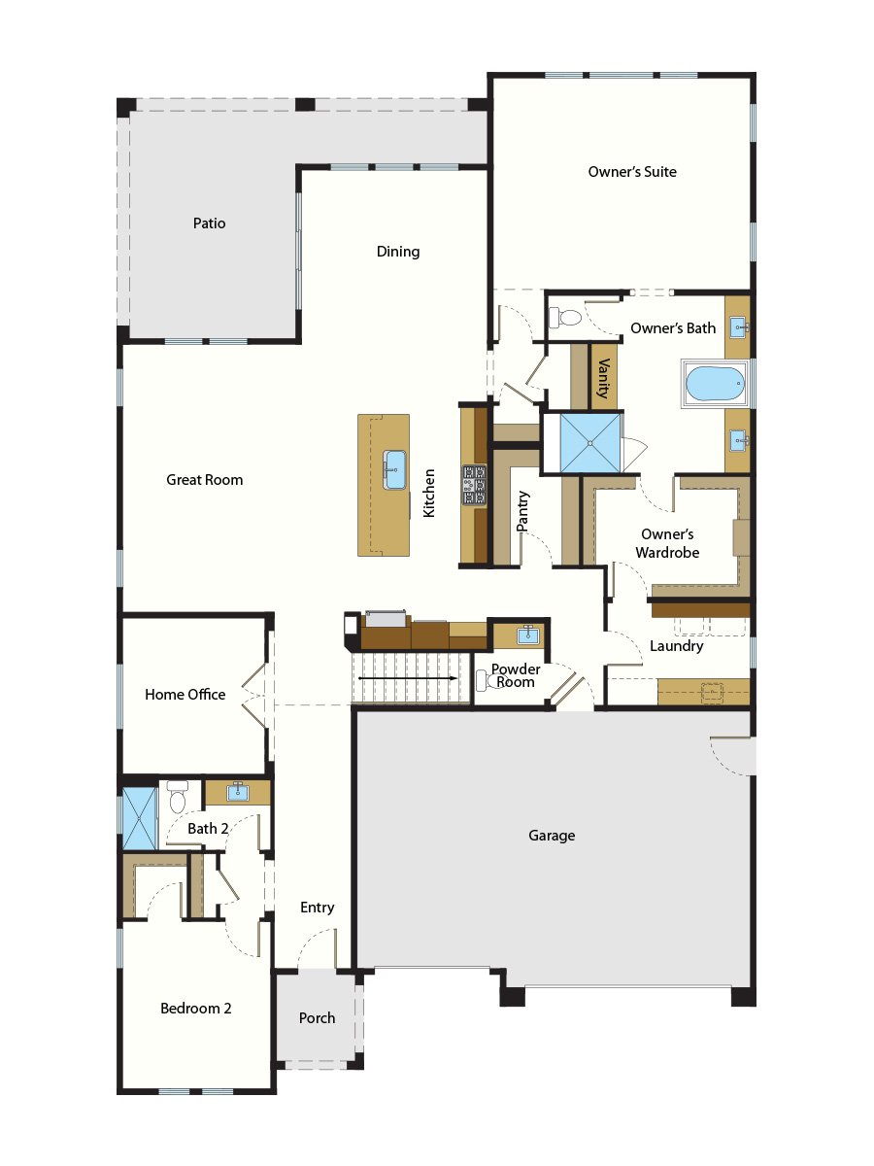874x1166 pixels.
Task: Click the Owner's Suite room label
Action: [x=632, y=172]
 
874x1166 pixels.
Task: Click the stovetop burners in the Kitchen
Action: [x=474, y=485]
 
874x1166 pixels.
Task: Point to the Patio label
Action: [x=209, y=223]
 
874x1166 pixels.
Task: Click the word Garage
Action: [x=552, y=836]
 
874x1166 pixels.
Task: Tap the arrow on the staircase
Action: [x=408, y=677]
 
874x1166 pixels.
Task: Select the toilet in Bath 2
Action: [x=177, y=798]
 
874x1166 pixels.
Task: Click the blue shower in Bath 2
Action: [x=138, y=817]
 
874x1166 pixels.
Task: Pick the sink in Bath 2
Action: [x=237, y=792]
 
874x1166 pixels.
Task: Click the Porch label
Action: [x=317, y=1018]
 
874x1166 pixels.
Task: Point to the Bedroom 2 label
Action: [x=196, y=1009]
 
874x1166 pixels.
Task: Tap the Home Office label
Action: [x=185, y=695]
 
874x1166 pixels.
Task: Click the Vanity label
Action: [x=604, y=378]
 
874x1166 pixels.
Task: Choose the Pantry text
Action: [x=522, y=509]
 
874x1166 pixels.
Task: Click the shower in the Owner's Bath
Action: [x=581, y=443]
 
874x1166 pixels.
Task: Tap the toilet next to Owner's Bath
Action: [x=564, y=317]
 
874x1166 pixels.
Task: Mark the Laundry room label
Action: [x=677, y=646]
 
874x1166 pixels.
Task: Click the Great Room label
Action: [x=205, y=480]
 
